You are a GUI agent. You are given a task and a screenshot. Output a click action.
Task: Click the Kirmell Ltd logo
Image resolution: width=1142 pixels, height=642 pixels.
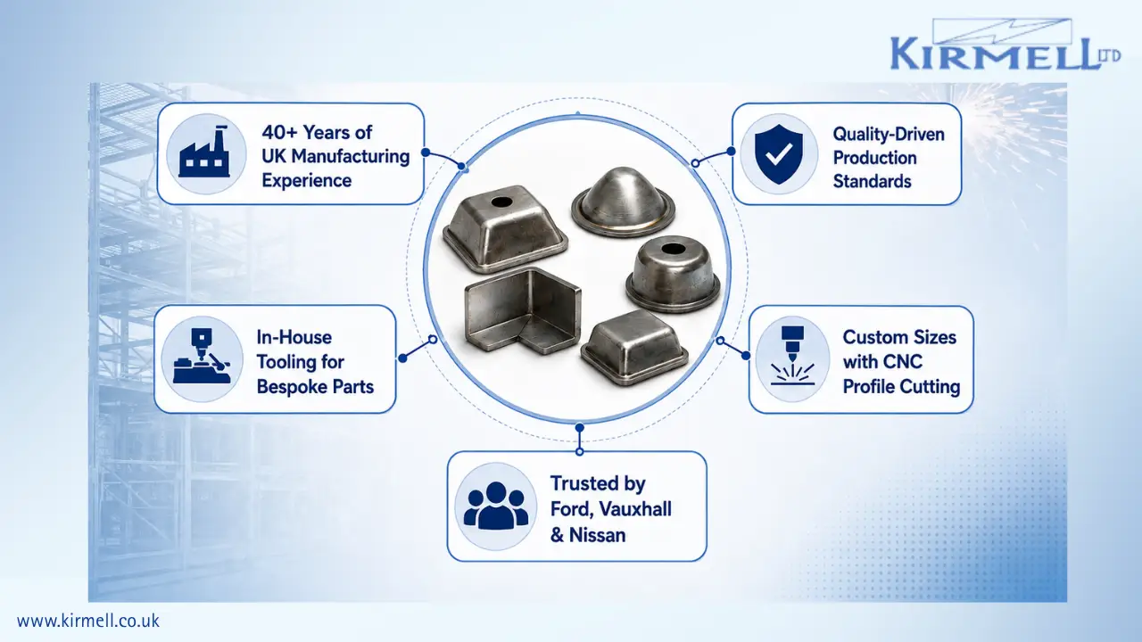[x=1005, y=45]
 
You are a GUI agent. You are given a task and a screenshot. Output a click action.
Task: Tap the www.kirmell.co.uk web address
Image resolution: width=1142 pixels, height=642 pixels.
[x=88, y=621]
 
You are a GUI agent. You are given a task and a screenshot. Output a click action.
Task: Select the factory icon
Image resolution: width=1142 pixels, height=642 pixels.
[x=204, y=152]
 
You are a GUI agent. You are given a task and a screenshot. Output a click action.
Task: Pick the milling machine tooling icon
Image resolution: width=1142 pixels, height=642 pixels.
[x=202, y=356]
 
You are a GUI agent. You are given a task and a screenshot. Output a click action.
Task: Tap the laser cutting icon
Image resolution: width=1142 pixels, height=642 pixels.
[x=792, y=356]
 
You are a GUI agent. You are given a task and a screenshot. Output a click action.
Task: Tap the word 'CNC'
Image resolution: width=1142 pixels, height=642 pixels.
[x=903, y=362]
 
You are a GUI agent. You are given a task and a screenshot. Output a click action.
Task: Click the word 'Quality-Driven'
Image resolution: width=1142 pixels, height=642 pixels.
[x=889, y=135]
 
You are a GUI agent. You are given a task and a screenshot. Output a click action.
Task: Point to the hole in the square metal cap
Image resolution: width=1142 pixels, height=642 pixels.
[x=501, y=202]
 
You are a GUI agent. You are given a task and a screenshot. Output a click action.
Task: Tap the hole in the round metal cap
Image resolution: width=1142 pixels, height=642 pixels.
[x=672, y=250]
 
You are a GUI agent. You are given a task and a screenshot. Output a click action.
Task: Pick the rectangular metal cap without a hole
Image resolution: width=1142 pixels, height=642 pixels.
[x=634, y=348]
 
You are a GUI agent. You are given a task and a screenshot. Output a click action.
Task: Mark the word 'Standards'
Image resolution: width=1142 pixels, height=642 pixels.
[x=872, y=181]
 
